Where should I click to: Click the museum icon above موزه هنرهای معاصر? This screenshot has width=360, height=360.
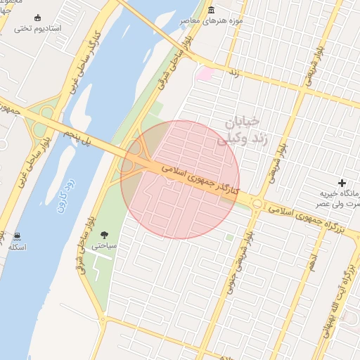(x=212, y=9)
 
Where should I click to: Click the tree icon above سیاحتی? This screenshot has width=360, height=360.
(x=104, y=235)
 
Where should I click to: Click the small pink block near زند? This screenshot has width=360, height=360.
(x=205, y=73)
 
